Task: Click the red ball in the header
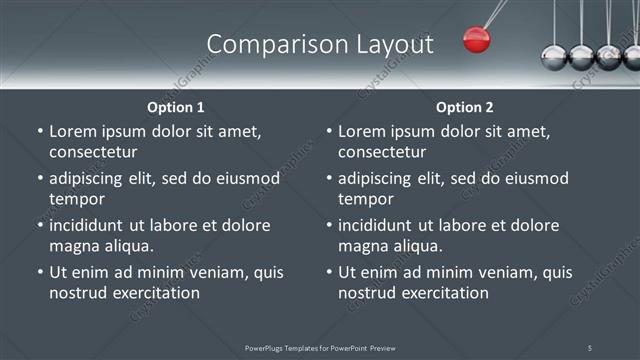(477, 40)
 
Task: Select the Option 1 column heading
(176, 107)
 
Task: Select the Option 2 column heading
(465, 107)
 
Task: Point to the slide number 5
(590, 348)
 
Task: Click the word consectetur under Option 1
(93, 152)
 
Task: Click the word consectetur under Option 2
(382, 152)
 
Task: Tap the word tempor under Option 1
(75, 199)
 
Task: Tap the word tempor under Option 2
(364, 199)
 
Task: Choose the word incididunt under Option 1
(91, 225)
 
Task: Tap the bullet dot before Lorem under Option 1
(39, 132)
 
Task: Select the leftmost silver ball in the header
(553, 56)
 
